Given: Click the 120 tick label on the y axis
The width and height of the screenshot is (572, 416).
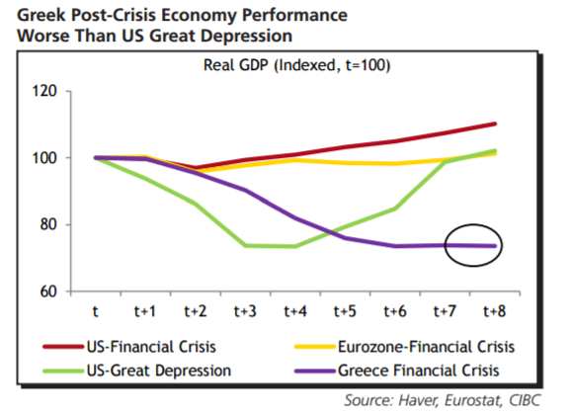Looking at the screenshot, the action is point(44,91).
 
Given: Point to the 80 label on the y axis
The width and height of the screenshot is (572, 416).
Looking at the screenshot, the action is point(48,224).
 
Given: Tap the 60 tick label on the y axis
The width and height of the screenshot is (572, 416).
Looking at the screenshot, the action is point(48,291).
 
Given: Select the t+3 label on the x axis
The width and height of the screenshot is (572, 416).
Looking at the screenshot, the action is point(245,311).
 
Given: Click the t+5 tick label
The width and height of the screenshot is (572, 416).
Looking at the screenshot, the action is point(345,311).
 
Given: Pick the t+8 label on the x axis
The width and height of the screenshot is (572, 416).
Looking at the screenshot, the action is point(495,311).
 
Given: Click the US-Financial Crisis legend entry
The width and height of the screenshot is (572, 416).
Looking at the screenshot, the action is point(129,347).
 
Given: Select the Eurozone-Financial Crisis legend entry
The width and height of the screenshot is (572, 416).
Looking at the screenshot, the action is point(405,347).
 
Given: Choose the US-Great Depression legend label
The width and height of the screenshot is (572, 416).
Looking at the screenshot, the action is point(136,371).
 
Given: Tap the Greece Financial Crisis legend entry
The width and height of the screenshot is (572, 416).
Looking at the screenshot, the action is point(397,371).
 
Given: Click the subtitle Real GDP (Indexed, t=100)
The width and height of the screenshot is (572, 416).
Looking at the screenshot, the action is point(296,65).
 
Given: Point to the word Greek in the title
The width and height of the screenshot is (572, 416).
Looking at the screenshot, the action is point(41,16).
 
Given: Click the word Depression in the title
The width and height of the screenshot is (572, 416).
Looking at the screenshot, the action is point(246,37).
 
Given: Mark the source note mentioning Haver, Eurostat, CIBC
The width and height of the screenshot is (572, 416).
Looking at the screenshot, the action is point(443,400).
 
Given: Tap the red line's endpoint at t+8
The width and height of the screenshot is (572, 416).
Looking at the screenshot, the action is point(495,125).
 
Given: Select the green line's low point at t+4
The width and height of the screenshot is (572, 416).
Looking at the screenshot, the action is point(295,247).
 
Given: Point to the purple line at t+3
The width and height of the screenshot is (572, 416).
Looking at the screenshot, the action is point(245,191).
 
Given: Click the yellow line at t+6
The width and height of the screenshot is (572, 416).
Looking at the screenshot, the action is point(395,163).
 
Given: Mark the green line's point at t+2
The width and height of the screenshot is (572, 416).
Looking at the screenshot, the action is point(196,204).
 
